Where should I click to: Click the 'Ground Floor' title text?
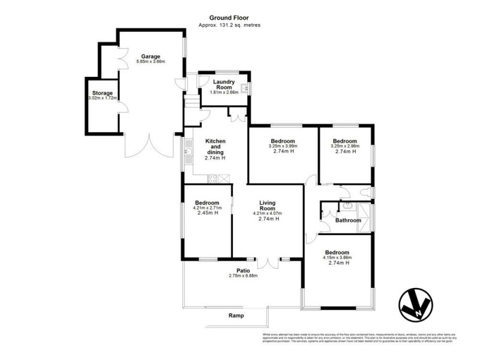click(x=229, y=19)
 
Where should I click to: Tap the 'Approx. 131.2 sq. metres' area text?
click(x=229, y=25)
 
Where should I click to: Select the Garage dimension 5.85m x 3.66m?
click(x=151, y=62)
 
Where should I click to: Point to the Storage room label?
click(x=102, y=93)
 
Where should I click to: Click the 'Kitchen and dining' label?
click(x=215, y=146)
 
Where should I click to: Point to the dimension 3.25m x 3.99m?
click(x=283, y=146)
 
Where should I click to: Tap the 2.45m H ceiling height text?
click(x=206, y=213)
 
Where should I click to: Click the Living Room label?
click(x=267, y=206)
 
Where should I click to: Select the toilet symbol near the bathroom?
click(x=365, y=192)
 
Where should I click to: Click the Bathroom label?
click(x=348, y=220)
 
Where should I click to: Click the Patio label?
click(x=243, y=271)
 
